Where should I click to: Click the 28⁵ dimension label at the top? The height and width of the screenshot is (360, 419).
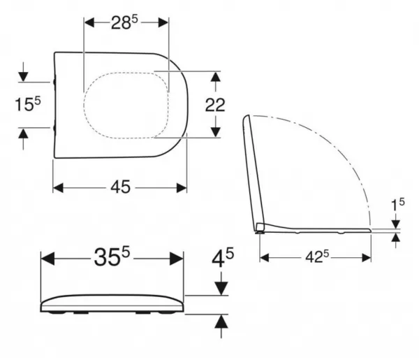coord(124,22)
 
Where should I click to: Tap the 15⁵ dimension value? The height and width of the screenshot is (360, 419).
coord(28,104)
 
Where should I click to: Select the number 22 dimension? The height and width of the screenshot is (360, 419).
coord(215,105)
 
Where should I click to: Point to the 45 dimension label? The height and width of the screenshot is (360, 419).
coord(121,187)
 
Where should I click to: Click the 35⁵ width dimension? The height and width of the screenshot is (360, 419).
coord(112,257)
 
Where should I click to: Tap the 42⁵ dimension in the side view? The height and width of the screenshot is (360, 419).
coord(317,257)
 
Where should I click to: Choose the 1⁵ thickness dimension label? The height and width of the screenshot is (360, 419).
coord(398,205)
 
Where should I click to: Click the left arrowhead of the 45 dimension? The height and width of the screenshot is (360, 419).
coord(58,188)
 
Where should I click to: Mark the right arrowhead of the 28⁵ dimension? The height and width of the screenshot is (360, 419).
coord(163,22)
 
